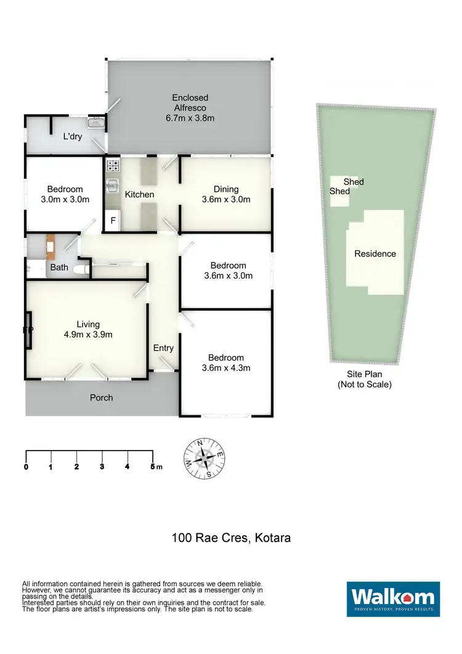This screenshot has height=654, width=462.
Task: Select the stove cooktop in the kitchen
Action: coord(113,165)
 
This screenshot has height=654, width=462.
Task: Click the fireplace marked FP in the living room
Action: coord(28,330)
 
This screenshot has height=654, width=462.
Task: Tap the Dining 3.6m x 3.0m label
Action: coord(225,194)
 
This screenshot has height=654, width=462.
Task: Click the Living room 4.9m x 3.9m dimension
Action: coord(88,335)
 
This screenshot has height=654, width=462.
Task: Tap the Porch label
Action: coord(102,398)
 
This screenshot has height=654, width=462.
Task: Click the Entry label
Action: coord(163,348)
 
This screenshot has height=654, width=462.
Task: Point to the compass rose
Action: coord(203,459)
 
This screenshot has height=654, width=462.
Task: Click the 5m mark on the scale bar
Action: coord(153,467)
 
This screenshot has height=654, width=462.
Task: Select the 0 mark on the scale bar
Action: coord(26,467)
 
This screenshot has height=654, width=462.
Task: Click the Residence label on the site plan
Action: coord(375,253)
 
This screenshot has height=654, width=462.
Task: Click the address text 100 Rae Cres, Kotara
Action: coord(231,538)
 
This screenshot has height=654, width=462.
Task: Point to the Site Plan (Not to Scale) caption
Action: coord(364,379)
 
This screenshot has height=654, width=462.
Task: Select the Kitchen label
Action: coord(140,194)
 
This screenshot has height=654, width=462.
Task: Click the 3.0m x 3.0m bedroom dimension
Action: coord(65,199)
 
